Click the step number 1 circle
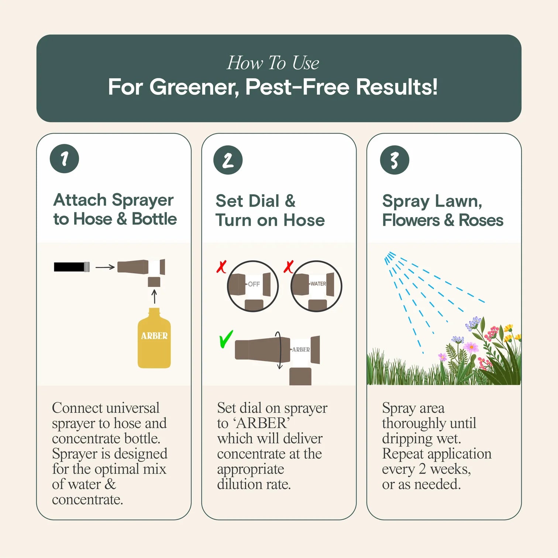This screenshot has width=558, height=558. pyautogui.click(x=64, y=159)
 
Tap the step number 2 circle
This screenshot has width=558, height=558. pyautogui.click(x=228, y=160)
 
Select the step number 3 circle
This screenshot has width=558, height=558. pyautogui.click(x=394, y=160)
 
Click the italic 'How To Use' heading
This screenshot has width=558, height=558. pyautogui.click(x=273, y=63)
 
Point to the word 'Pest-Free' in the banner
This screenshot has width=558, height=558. pyautogui.click(x=297, y=87)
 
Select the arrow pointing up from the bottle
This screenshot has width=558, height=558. pyautogui.click(x=154, y=296)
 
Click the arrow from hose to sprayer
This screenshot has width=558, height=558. pyautogui.click(x=105, y=267)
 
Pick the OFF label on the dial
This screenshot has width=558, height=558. pyautogui.click(x=254, y=284)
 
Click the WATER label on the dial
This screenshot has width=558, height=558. pyautogui.click(x=318, y=284)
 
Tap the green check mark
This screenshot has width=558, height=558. pyautogui.click(x=226, y=339)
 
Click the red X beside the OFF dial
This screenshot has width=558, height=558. pyautogui.click(x=221, y=267)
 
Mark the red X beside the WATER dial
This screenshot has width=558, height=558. pyautogui.click(x=288, y=266)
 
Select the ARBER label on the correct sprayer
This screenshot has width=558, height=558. pyautogui.click(x=301, y=349)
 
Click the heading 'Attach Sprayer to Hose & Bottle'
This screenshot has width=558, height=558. pyautogui.click(x=114, y=209)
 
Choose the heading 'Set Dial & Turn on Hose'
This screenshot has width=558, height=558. pyautogui.click(x=270, y=210)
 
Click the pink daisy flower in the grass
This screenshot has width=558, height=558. pyautogui.click(x=471, y=347)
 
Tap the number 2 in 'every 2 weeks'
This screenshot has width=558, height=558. pyautogui.click(x=422, y=469)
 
